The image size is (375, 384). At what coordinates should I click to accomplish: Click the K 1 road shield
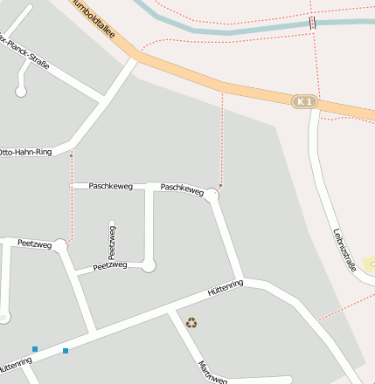click(303, 102)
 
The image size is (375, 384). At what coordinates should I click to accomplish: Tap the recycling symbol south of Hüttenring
click(191, 323)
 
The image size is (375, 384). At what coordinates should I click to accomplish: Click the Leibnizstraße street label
click(345, 250)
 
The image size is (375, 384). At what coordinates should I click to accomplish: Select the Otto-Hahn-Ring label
click(25, 152)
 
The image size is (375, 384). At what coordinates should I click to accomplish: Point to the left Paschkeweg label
click(111, 186)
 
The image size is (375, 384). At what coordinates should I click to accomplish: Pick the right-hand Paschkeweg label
click(182, 188)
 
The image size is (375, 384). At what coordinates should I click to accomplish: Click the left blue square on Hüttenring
click(35, 349)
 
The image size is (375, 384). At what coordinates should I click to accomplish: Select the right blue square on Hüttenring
click(66, 351)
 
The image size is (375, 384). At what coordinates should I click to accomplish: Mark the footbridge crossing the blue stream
click(311, 22)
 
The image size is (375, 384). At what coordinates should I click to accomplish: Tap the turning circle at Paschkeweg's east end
click(212, 194)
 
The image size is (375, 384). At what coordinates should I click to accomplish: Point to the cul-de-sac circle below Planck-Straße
click(22, 91)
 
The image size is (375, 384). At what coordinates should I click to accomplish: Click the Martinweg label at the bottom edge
click(212, 373)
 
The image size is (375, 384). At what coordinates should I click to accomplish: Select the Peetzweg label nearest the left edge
click(35, 244)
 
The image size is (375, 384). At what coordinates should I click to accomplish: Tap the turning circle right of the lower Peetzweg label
click(149, 264)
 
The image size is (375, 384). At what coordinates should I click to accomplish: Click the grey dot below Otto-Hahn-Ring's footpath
click(72, 156)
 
